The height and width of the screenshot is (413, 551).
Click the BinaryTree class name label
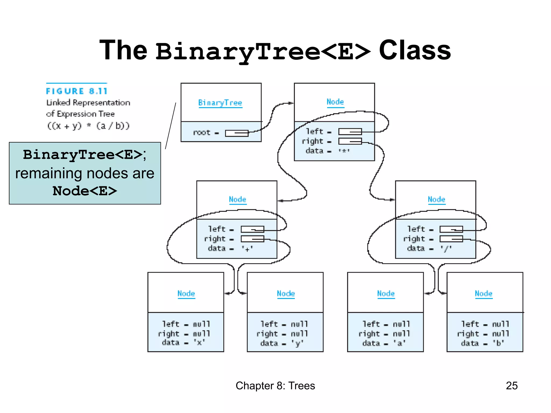[220, 103]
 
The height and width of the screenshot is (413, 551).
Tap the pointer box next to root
[236, 133]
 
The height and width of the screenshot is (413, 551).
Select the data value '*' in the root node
[344, 151]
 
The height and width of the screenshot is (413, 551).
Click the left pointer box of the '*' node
[350, 131]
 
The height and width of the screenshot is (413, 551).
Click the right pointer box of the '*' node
[350, 141]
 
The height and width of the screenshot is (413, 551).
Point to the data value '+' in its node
[247, 249]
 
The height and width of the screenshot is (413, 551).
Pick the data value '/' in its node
[446, 249]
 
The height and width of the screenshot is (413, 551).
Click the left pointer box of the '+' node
[252, 229]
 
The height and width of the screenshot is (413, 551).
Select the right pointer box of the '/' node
[451, 239]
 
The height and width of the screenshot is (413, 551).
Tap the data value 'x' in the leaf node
[199, 343]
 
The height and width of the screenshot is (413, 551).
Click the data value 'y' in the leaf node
[297, 343]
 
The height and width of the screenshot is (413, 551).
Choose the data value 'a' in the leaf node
[400, 343]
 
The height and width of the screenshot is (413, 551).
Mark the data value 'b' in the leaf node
[498, 343]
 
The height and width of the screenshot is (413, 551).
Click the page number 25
[511, 386]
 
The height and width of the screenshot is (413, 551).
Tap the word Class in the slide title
[415, 50]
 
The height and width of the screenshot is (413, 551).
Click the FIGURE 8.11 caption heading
[77, 91]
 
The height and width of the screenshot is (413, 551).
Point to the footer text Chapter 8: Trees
[275, 386]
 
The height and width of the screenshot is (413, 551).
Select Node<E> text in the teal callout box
[85, 191]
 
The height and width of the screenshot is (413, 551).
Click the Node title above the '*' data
[335, 102]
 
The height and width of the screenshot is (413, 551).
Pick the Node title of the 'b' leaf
[483, 293]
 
